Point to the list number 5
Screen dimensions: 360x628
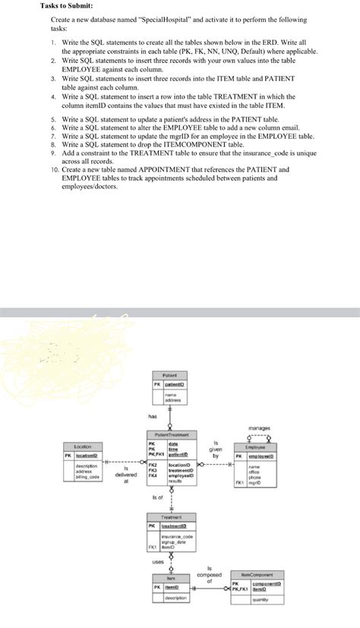(x=53, y=120)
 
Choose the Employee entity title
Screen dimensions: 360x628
(x=255, y=447)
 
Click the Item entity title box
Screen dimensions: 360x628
(x=171, y=578)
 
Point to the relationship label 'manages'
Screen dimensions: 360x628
(x=259, y=428)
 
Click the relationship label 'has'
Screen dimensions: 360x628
(x=152, y=415)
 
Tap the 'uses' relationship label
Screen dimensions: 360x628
(x=157, y=562)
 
